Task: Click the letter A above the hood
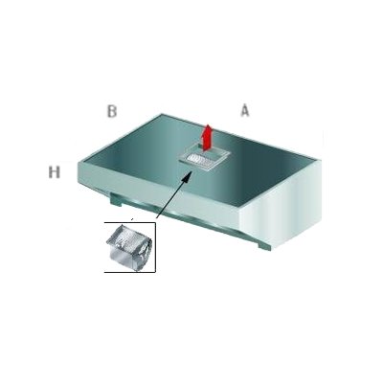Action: pyautogui.click(x=244, y=111)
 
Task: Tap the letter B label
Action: pyautogui.click(x=112, y=111)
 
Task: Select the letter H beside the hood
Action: pyautogui.click(x=55, y=172)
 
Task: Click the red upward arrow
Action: pyautogui.click(x=208, y=137)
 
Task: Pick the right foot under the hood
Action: pyautogui.click(x=264, y=246)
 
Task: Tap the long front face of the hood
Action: pyautogui.click(x=159, y=192)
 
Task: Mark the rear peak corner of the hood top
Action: pyautogui.click(x=160, y=114)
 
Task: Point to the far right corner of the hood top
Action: pyautogui.click(x=320, y=160)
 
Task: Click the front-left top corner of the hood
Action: pyautogui.click(x=79, y=162)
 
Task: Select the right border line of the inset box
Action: pyautogui.click(x=155, y=247)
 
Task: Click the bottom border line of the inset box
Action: pyautogui.click(x=130, y=272)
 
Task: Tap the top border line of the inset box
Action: pyautogui.click(x=130, y=223)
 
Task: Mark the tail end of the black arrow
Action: pyautogui.click(x=156, y=218)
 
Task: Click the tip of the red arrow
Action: pyautogui.click(x=208, y=124)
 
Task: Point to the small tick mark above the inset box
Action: pyautogui.click(x=132, y=219)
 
